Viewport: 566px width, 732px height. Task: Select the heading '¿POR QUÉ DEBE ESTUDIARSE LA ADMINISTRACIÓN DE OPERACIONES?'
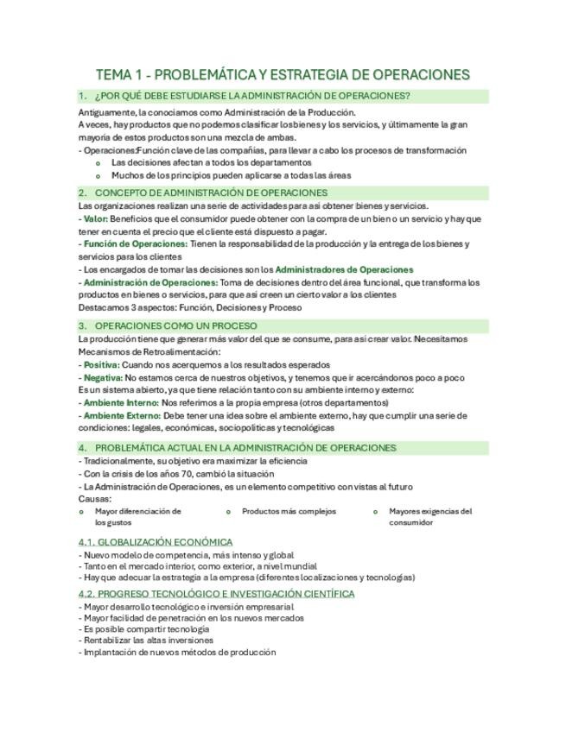click(x=252, y=96)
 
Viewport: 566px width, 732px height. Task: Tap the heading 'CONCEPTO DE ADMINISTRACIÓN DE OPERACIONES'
click(x=211, y=192)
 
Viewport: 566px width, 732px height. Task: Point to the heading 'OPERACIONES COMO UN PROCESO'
click(x=175, y=325)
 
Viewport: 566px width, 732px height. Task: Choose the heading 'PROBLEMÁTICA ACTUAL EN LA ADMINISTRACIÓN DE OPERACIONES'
click(x=245, y=448)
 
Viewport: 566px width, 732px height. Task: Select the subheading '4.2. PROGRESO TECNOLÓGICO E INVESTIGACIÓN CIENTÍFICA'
click(x=216, y=594)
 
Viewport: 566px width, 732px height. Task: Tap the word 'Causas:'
click(x=95, y=498)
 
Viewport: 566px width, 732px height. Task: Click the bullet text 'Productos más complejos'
click(x=289, y=511)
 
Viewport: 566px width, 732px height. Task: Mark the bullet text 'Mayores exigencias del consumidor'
click(x=430, y=516)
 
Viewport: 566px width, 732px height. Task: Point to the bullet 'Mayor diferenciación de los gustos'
click(x=137, y=516)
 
